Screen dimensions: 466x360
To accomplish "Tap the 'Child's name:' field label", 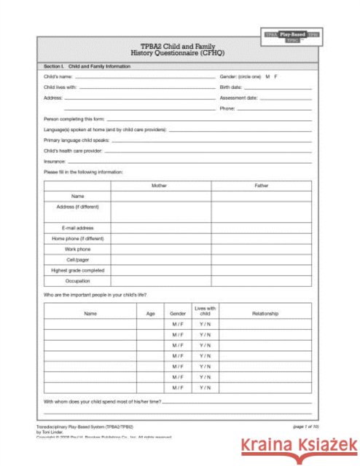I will pyautogui.click(x=57, y=76).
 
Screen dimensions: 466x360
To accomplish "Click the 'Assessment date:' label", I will pyautogui.click(x=238, y=97).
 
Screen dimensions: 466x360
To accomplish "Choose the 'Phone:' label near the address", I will pyautogui.click(x=227, y=108).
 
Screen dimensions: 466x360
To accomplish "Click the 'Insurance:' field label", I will pyautogui.click(x=55, y=161).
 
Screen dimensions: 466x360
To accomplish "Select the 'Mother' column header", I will pyautogui.click(x=159, y=186).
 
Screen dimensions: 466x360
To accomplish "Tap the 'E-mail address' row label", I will pyautogui.click(x=77, y=228).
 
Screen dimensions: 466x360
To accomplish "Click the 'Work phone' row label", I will pyautogui.click(x=77, y=248).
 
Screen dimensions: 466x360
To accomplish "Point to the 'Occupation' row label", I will pyautogui.click(x=77, y=280).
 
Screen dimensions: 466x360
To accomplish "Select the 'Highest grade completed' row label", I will pyautogui.click(x=77, y=269).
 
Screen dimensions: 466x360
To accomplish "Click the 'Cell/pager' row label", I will pyautogui.click(x=77, y=259).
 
